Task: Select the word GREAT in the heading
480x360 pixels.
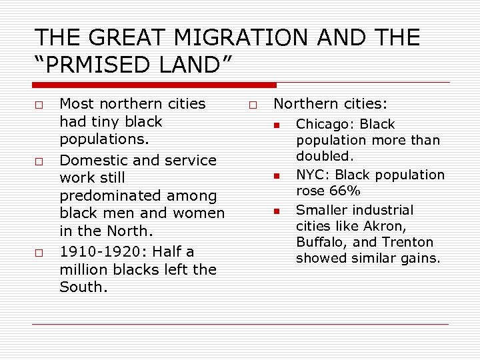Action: coord(114,37)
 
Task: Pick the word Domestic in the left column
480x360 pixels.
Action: coord(89,161)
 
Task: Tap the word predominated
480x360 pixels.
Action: coord(138,196)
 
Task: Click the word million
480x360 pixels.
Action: coord(84,269)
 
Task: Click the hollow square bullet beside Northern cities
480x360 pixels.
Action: coord(253,105)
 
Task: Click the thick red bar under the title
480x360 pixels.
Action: coord(154,85)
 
